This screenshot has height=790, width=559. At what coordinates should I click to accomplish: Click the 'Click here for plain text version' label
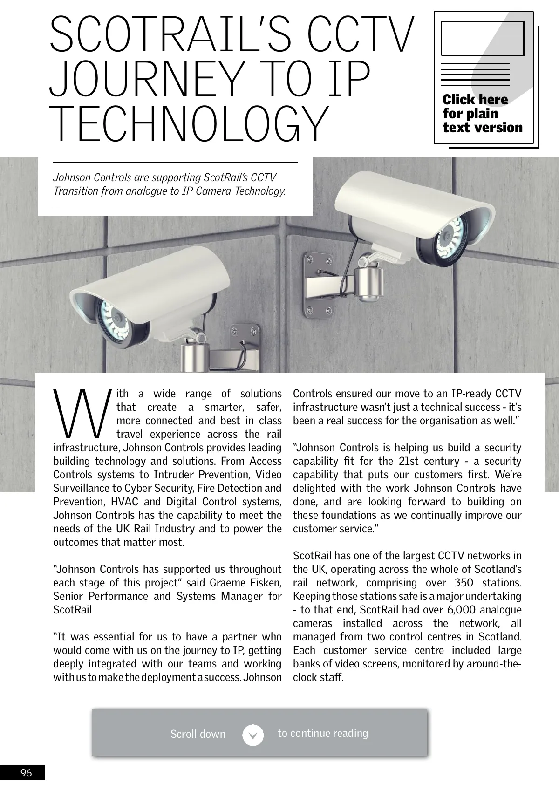[482, 114]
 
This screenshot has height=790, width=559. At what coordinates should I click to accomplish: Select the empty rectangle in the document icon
[482, 39]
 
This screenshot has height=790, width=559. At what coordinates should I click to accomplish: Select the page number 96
[26, 773]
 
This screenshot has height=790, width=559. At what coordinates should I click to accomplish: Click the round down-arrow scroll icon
[253, 735]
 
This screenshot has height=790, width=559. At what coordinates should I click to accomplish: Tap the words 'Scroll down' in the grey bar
[198, 735]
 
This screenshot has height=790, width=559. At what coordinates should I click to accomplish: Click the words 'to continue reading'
[322, 733]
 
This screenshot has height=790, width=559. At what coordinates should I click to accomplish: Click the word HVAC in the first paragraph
[124, 502]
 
